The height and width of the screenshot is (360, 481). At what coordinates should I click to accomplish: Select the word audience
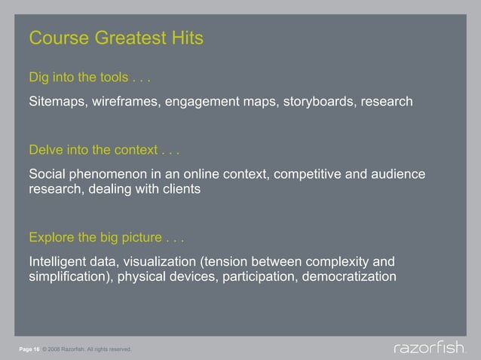pos(397,175)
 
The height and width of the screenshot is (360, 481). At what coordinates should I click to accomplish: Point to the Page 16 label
pos(29,349)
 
